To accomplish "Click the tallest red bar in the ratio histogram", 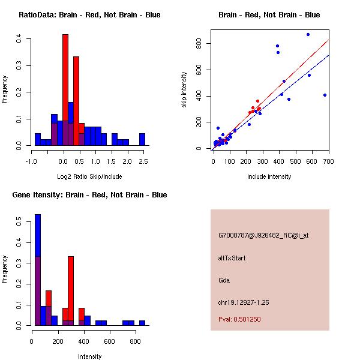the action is (x=65, y=90).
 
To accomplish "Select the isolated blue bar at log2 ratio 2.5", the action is (x=142, y=139).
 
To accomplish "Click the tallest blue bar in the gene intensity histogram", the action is (x=38, y=270).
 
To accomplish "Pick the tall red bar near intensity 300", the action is (x=71, y=291).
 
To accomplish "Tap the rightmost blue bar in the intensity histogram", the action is (x=142, y=323).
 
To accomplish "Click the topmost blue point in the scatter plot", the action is (x=308, y=34).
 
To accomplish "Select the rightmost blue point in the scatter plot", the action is (x=325, y=95).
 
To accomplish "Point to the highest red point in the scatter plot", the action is (x=257, y=101).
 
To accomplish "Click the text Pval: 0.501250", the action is (x=239, y=319).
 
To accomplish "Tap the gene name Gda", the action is (x=224, y=280).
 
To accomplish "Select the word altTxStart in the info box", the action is (x=232, y=258).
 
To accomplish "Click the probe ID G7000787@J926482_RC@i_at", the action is (x=263, y=236).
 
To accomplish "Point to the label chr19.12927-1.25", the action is (x=244, y=302).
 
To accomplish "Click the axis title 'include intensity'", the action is (x=269, y=176).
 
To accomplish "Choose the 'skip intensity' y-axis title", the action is (x=184, y=89).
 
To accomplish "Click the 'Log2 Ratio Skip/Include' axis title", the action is (x=89, y=176).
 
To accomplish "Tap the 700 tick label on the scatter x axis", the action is (x=329, y=161).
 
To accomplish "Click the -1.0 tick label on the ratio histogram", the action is (x=31, y=161).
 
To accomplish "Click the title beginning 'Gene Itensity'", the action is (x=90, y=195).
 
